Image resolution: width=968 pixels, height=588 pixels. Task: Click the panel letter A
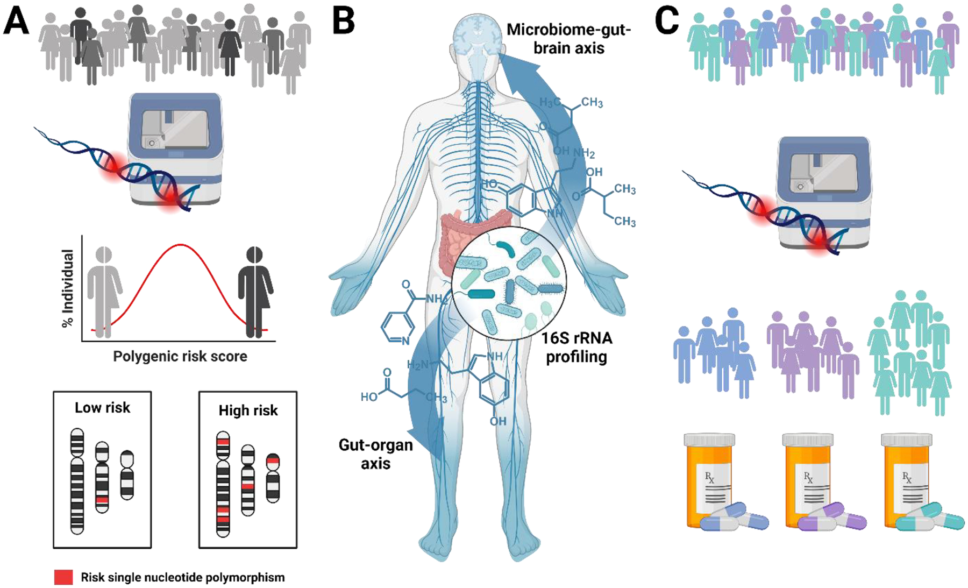(16, 23)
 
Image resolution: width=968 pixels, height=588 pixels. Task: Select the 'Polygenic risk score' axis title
(180, 356)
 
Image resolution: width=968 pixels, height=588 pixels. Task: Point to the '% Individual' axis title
(68, 288)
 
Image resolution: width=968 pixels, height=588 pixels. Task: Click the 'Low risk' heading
(102, 408)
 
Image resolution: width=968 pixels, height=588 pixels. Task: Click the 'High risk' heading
(248, 410)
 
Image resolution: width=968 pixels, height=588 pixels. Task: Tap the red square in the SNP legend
(63, 577)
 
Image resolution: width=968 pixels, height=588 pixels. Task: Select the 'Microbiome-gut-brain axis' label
(568, 38)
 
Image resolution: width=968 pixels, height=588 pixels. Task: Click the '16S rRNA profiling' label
(576, 347)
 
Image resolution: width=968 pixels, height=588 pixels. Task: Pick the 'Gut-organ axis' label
(375, 454)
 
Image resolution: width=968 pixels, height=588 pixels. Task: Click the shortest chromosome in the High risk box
(273, 478)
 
